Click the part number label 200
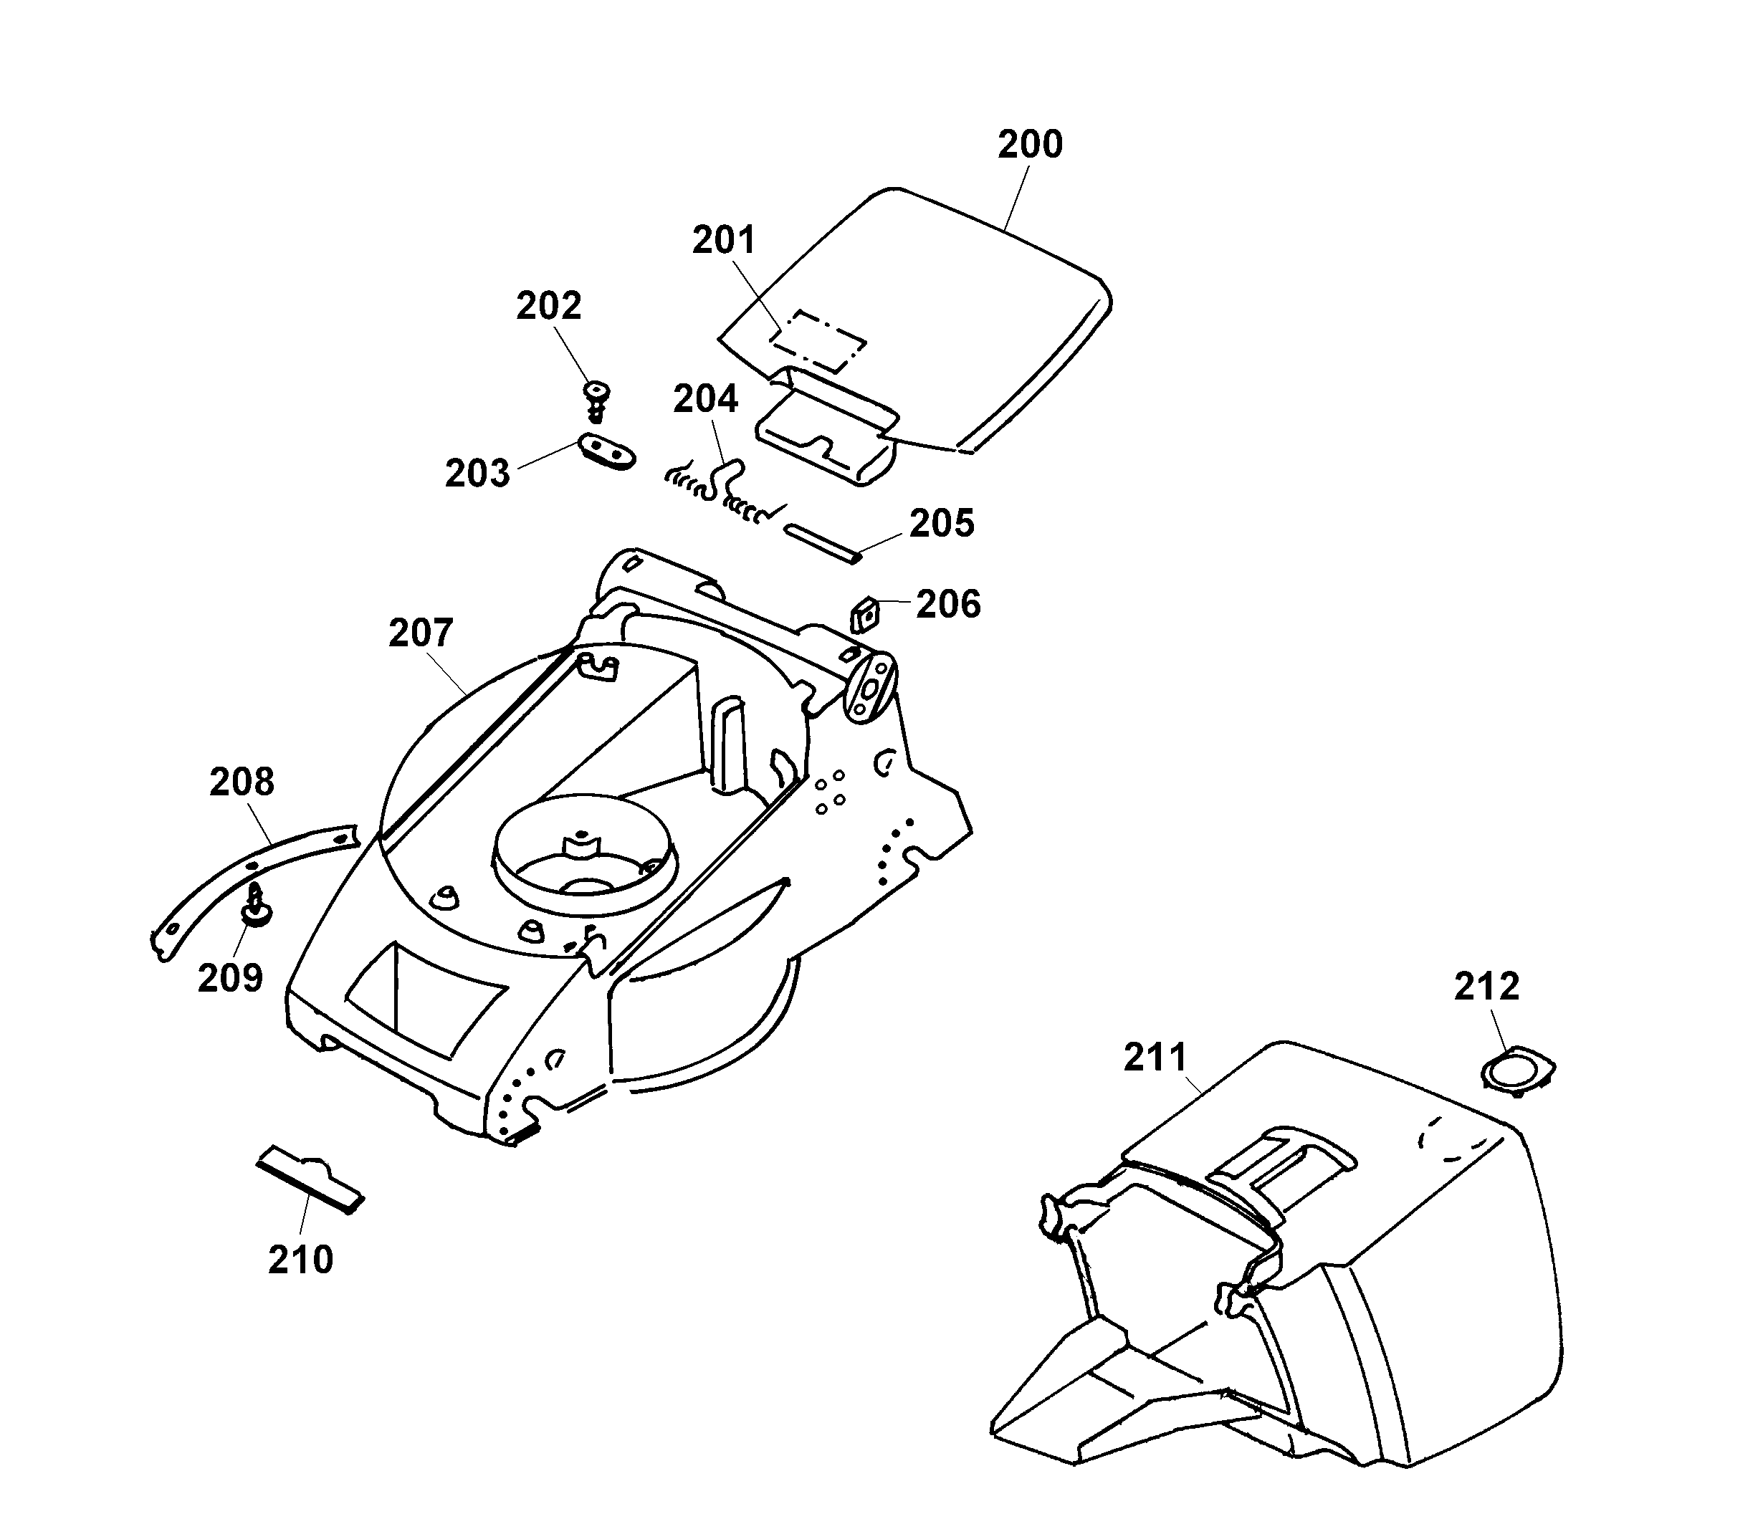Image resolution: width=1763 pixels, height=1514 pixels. coord(1030,145)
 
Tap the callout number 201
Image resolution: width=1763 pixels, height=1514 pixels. coord(723,241)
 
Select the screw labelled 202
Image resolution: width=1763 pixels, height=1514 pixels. coord(597,398)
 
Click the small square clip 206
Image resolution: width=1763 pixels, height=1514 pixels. coord(865,613)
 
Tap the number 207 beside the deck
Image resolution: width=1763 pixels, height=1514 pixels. coord(421,633)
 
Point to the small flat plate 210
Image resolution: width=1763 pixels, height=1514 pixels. coord(310,1179)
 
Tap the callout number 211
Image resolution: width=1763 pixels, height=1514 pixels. coord(1155,1058)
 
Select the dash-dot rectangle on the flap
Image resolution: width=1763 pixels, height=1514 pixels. coord(818,341)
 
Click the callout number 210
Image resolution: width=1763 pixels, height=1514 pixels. coord(300,1260)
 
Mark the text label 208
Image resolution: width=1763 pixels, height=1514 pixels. coord(242,782)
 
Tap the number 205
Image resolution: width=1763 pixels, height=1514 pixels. coord(941,524)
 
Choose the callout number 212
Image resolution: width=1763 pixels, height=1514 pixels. coord(1486,987)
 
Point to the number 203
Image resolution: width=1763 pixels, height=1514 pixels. coord(477,473)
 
